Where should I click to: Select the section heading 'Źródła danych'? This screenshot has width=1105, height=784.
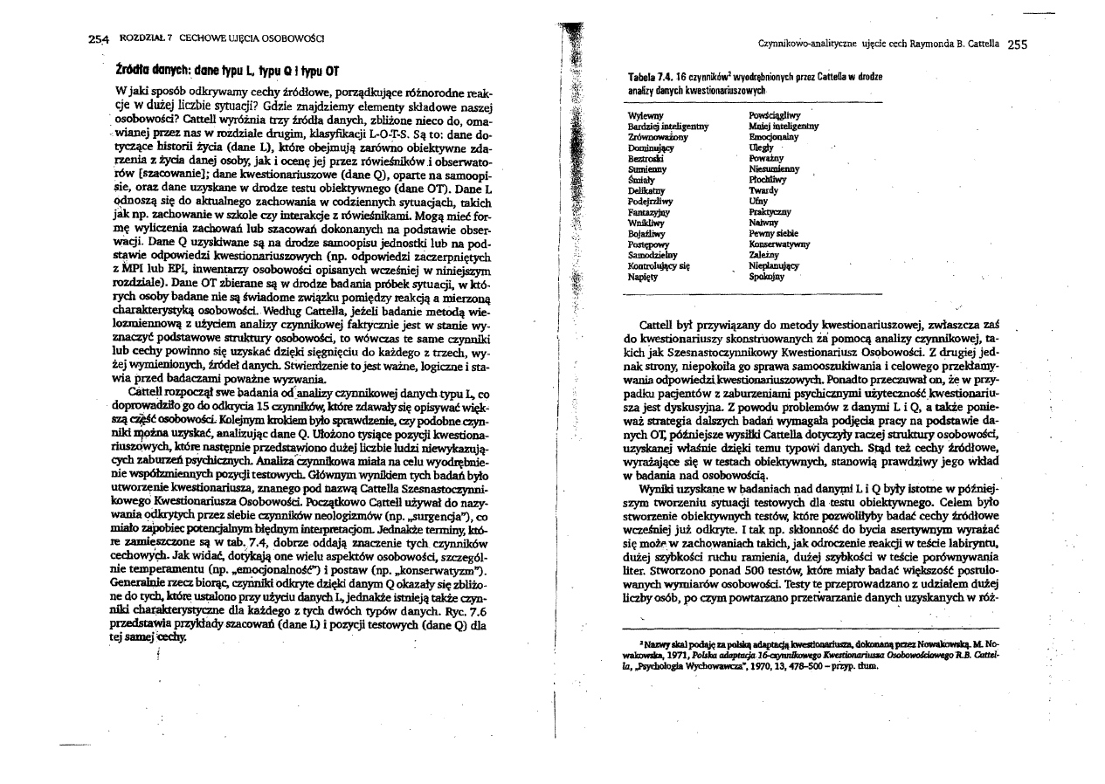tap(154, 69)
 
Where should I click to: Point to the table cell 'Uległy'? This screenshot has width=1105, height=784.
tap(762, 148)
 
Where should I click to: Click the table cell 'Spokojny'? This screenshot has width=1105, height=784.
tap(767, 276)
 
